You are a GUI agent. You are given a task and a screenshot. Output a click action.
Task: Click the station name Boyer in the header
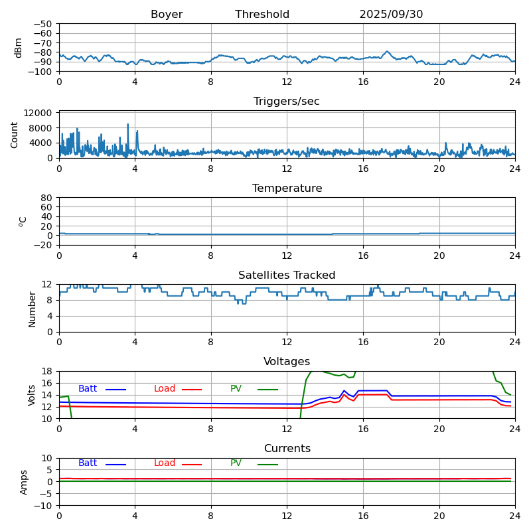[x=167, y=15]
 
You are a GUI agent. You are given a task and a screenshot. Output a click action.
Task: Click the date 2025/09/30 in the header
[x=391, y=15]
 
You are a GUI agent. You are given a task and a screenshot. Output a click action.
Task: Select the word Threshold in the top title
[x=262, y=15]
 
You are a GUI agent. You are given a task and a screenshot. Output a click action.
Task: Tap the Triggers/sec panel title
[x=287, y=102]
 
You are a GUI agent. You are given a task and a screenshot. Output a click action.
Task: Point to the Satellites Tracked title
[x=287, y=275]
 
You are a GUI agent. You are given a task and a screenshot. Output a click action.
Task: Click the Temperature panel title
[x=287, y=189]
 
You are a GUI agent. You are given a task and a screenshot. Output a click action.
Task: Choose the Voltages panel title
[x=287, y=362]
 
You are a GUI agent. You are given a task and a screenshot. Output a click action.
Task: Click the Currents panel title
[x=287, y=449]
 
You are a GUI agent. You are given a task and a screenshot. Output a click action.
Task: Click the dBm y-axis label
[x=19, y=48]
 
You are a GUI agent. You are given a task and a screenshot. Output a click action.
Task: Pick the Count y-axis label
[x=15, y=135]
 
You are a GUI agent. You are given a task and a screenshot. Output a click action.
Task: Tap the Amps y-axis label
[x=24, y=482]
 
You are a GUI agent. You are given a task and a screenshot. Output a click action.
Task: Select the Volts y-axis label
[x=32, y=395]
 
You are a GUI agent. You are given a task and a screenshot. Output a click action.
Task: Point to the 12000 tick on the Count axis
[x=40, y=114]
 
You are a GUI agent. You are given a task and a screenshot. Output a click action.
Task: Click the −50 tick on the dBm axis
[x=42, y=24]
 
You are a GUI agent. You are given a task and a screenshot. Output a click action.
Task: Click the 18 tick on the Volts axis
[x=48, y=372]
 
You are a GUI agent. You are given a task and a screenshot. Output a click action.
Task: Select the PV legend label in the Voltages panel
[x=236, y=389]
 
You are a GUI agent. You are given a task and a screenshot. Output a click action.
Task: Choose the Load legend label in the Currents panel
[x=165, y=463]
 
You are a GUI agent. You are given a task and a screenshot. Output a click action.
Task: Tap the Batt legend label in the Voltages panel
[x=88, y=389]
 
